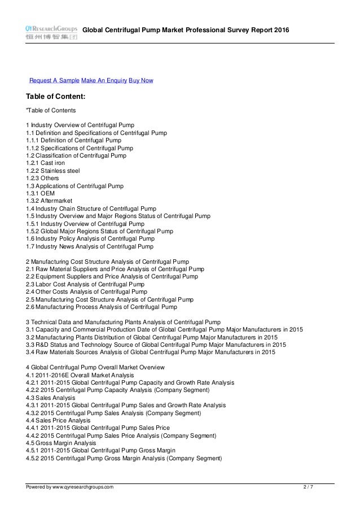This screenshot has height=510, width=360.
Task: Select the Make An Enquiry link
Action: tap(104, 81)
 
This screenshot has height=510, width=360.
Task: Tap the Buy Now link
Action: tap(141, 81)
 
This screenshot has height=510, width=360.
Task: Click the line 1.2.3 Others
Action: tap(42, 178)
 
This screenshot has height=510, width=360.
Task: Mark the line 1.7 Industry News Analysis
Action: tap(90, 246)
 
